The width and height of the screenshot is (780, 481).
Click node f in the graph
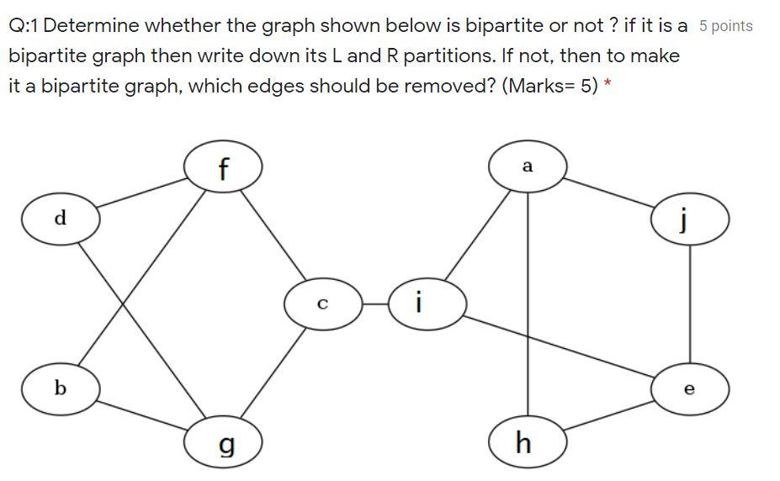pos(223,168)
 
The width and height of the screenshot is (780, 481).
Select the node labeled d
pos(61,219)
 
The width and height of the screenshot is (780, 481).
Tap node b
pos(61,388)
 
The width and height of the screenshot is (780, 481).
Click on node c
pos(322,304)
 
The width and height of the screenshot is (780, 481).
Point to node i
pos(427,303)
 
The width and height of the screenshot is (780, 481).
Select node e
pos(690,388)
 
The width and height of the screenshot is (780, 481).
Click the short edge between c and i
pos(374,304)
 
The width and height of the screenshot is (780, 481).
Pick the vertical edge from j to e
pos(690,304)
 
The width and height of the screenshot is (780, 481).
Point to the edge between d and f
pos(142,194)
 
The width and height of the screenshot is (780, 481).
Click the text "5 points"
pos(725,26)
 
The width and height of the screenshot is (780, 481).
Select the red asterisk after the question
pos(607,86)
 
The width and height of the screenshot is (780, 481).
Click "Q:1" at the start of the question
pos(24,25)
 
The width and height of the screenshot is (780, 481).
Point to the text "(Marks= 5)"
pos(549,87)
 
